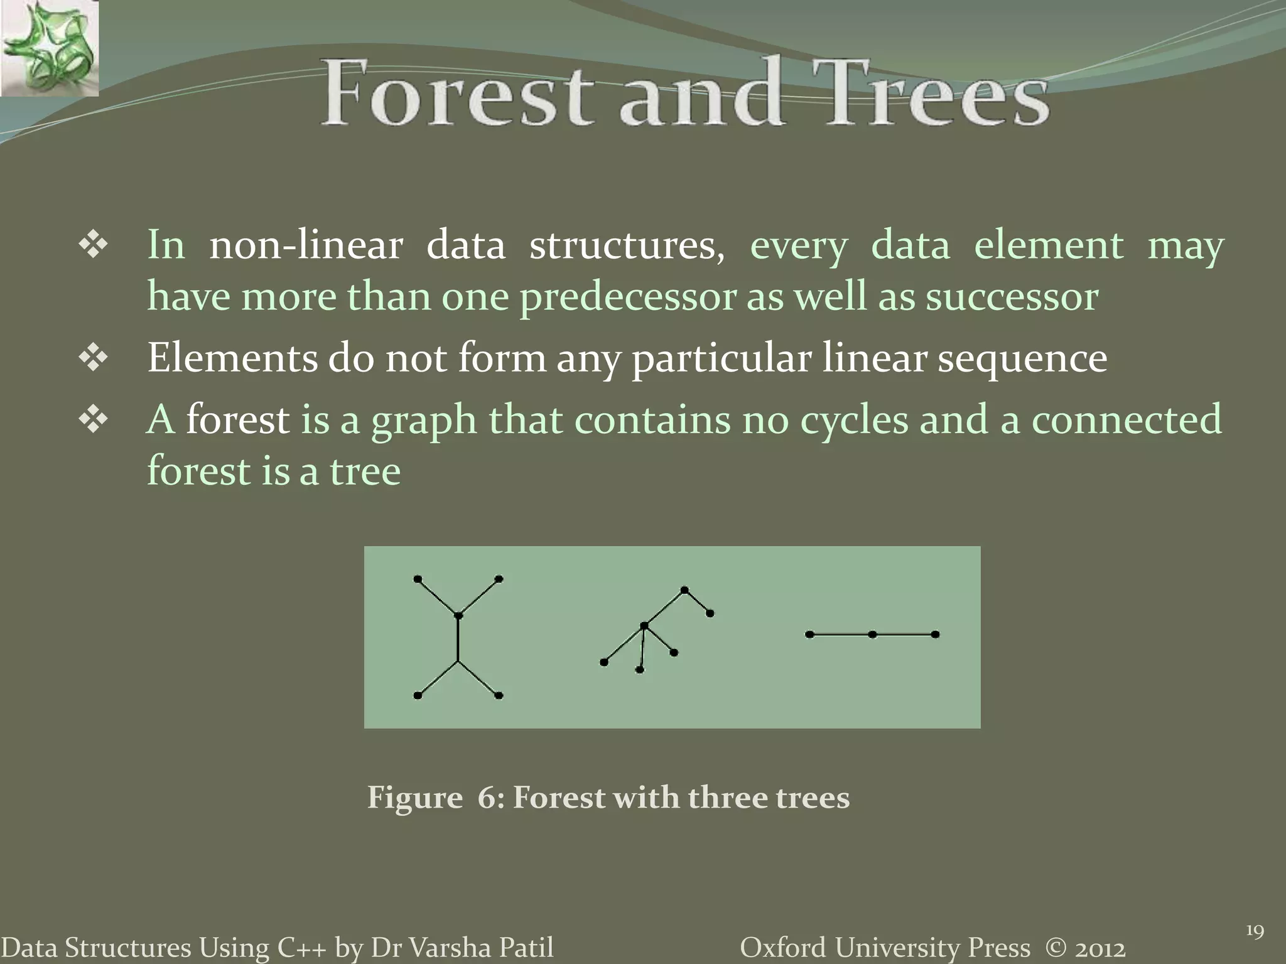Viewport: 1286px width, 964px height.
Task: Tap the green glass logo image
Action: point(49,48)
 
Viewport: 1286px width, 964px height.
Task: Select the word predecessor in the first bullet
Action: point(627,297)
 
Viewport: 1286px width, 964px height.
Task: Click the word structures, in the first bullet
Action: point(626,245)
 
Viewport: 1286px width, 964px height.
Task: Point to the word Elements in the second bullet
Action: point(232,358)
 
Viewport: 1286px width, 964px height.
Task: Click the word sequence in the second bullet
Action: point(1022,359)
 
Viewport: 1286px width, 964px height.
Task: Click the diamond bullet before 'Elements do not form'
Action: point(94,359)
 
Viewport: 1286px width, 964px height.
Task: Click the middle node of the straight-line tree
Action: point(872,635)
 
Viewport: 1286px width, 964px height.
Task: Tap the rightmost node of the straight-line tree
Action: point(935,635)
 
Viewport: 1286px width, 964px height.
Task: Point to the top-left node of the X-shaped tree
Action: point(418,579)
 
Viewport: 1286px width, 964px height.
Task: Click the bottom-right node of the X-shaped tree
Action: point(499,695)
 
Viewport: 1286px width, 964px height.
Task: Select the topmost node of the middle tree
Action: point(684,590)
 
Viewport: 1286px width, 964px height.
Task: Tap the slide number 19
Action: point(1254,931)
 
